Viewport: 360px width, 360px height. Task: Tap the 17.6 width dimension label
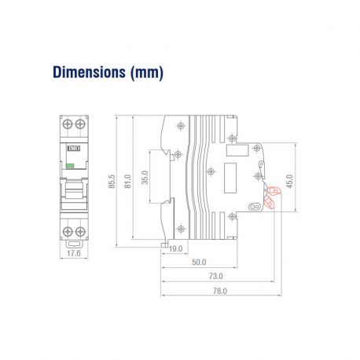coord(72,254)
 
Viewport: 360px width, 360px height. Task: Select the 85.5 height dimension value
coord(113,181)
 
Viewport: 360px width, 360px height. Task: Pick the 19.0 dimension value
coord(175,249)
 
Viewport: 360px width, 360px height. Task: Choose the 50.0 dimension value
coord(199,263)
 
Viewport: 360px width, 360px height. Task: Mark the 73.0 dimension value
coord(215,276)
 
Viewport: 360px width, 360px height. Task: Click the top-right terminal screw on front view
coord(79,125)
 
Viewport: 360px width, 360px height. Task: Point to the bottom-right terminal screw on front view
coord(79,231)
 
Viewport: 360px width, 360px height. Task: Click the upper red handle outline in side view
coord(274,190)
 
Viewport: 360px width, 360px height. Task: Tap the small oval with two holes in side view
coord(253,207)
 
